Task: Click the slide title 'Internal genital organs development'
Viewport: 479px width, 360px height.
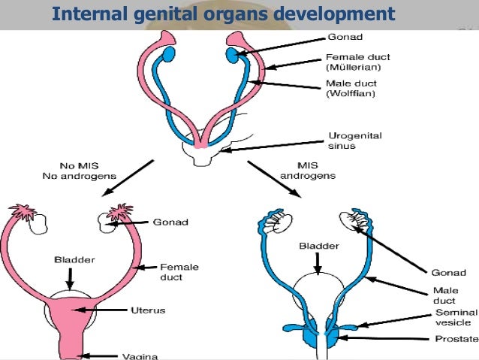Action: (x=224, y=14)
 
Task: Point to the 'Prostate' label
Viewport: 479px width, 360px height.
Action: (x=456, y=339)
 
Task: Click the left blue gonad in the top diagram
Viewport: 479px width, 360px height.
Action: (x=169, y=54)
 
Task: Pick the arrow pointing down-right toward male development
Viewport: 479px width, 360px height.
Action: (x=274, y=179)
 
